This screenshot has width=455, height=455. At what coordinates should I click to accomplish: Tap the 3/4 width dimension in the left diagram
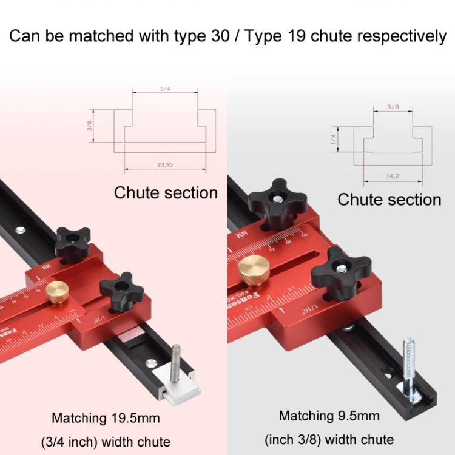point(164,89)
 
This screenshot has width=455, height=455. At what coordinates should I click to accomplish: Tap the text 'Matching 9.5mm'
point(329,416)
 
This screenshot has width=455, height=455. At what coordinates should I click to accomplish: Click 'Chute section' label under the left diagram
point(166,193)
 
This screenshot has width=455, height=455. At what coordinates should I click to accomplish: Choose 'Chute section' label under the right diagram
point(389,200)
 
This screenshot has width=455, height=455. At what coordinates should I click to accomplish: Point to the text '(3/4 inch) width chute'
point(106,441)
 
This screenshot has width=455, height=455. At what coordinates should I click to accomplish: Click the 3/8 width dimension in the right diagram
point(393,107)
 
